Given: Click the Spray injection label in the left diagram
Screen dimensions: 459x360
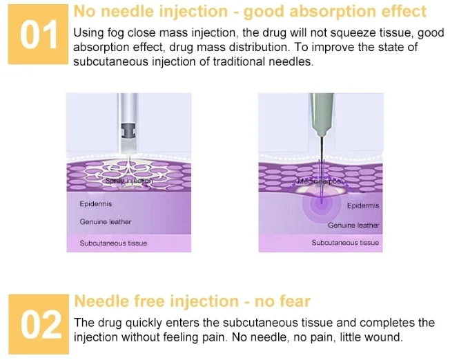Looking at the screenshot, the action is [128, 181].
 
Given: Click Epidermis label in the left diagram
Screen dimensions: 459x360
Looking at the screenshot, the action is [96, 203].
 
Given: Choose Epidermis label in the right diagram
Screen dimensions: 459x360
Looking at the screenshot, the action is [362, 206].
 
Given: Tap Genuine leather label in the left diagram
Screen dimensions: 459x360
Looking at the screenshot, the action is [105, 222].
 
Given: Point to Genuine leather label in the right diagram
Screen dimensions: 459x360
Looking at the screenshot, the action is [353, 225].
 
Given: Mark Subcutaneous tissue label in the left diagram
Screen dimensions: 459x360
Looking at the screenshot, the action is [113, 243].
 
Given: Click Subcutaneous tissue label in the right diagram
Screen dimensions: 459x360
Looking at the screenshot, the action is [345, 243].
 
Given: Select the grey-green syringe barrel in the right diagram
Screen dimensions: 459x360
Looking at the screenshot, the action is [321, 114].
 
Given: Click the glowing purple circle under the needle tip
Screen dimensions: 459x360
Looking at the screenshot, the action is [321, 205].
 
